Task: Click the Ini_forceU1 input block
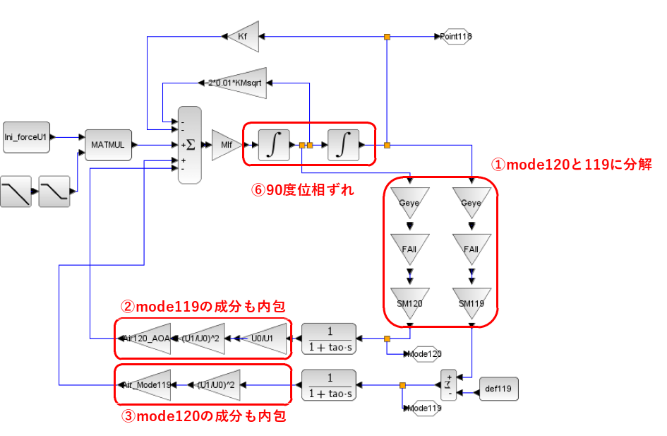click(x=26, y=136)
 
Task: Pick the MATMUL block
click(x=108, y=145)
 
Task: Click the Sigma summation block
click(x=189, y=145)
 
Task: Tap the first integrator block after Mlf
click(x=273, y=145)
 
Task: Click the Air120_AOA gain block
click(x=145, y=338)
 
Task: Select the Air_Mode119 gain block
click(x=145, y=385)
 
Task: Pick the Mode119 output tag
click(x=425, y=408)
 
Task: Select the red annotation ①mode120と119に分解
click(x=571, y=165)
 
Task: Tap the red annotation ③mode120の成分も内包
click(x=203, y=416)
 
